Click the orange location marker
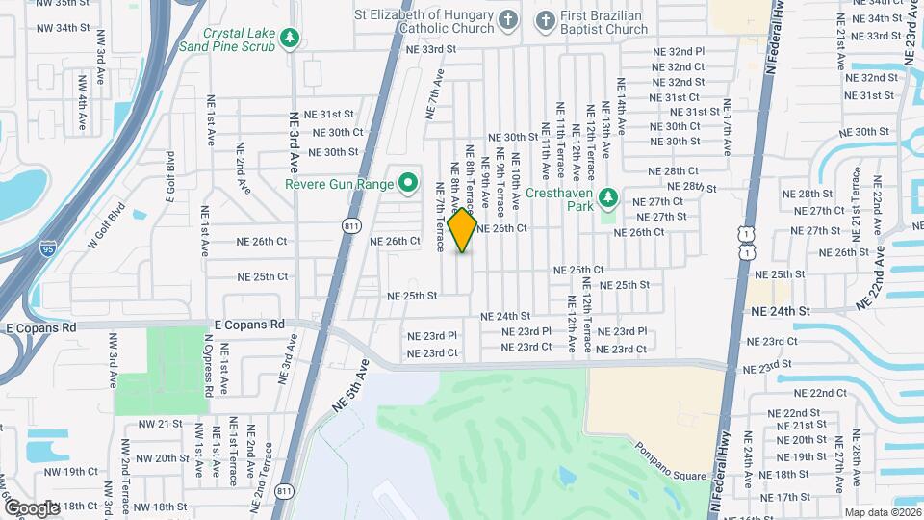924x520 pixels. pos(463,229)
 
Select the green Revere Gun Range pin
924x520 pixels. pos(407,181)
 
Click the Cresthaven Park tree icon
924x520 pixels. pos(607,198)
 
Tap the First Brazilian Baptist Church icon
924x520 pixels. pos(545,19)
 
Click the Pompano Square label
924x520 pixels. pos(670,462)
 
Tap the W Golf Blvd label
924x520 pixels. pos(107,223)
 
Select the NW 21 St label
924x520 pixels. pos(158,424)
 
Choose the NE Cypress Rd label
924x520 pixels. pos(207,366)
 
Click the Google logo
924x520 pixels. pos(33,507)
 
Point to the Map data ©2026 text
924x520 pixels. pos(882,512)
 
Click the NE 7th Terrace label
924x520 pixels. pos(439,217)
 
